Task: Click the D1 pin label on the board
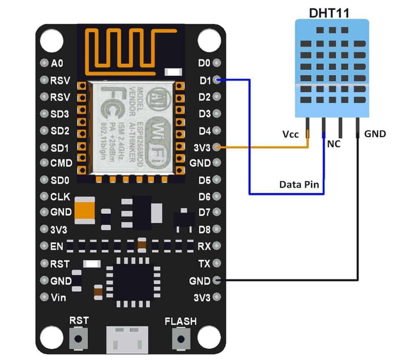[204, 80]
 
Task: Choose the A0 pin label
[57, 63]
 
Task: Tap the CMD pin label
[61, 163]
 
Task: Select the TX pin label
[204, 263]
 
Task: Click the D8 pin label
[204, 229]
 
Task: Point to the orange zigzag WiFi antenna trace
[125, 49]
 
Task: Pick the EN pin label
[57, 247]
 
